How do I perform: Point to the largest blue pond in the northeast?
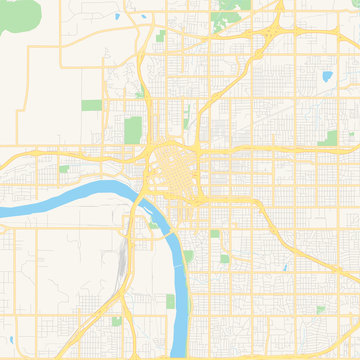pos(325,76)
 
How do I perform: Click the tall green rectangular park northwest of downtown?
pos(133,130)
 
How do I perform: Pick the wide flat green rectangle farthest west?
pos(91,105)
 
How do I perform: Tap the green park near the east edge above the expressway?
pos(328,138)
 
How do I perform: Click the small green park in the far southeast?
pos(320,310)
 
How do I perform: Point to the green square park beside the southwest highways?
pos(116,321)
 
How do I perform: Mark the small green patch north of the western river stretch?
pos(64,169)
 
